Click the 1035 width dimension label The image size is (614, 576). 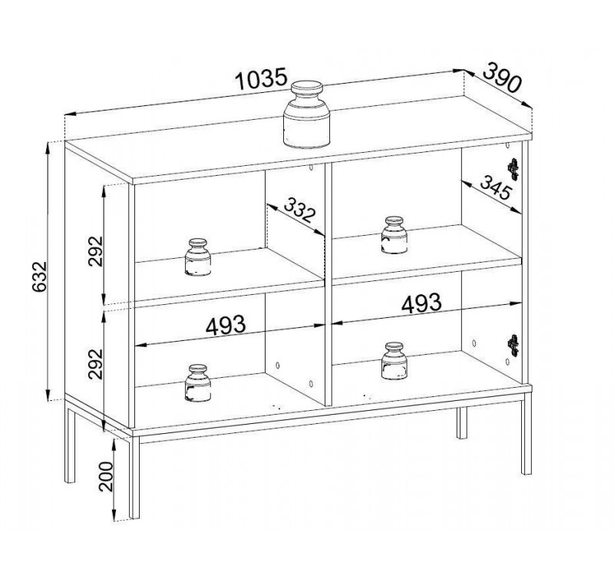tap(261, 79)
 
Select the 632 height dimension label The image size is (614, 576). tap(40, 276)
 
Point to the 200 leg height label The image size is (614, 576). tap(106, 476)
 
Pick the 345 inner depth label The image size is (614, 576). tap(496, 187)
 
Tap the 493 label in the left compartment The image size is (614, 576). tap(226, 325)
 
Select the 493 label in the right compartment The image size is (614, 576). tap(421, 303)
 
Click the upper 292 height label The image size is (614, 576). tap(95, 251)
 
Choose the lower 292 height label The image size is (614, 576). tap(95, 364)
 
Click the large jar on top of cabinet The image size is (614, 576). tap(306, 114)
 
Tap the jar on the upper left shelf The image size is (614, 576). tap(198, 257)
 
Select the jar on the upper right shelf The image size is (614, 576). tap(394, 235)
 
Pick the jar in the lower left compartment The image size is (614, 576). tap(198, 383)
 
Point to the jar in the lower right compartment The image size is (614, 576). tap(394, 361)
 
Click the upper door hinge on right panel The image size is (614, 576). tap(513, 169)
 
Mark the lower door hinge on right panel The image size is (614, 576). tap(513, 346)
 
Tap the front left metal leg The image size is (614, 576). tap(134, 478)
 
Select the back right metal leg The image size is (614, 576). tap(462, 423)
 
